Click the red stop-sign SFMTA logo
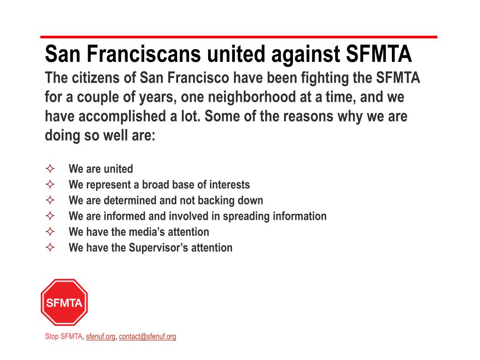64,302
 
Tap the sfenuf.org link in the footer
100,337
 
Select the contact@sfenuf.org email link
148,337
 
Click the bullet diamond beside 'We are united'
51,169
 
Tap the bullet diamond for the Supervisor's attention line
51,247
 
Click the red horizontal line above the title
239,37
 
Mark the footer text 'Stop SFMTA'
63,337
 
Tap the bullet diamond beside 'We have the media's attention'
51,232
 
